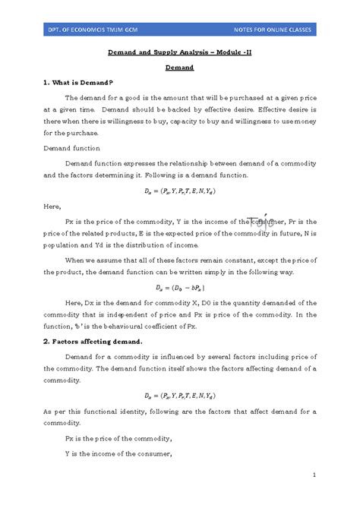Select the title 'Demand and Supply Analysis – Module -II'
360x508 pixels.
tap(179, 55)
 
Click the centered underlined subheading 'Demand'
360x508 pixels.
tap(180, 68)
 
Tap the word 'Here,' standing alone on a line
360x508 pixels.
tap(52, 206)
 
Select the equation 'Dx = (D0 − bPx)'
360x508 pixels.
tap(180, 288)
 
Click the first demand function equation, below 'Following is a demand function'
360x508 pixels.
tap(179, 191)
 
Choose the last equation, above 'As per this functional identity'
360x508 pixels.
tap(179, 396)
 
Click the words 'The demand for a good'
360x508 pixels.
tap(103, 98)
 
